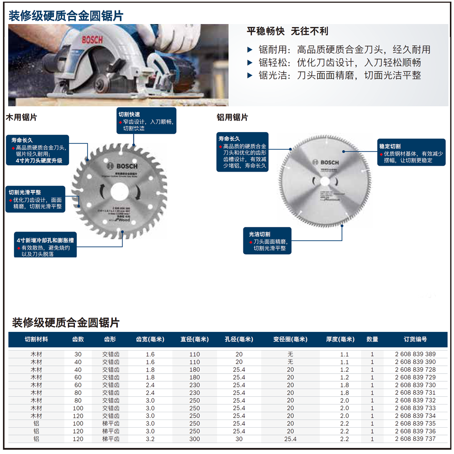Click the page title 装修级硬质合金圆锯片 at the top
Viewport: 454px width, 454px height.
[x=66, y=16]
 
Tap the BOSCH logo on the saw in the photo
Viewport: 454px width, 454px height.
[x=93, y=39]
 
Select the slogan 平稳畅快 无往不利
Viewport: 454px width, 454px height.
[x=287, y=31]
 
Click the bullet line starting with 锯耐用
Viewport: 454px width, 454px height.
[x=338, y=50]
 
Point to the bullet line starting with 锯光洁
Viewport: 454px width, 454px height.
[x=334, y=75]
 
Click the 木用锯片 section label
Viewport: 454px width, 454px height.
[x=21, y=118]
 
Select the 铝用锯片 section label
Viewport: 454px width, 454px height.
[x=232, y=118]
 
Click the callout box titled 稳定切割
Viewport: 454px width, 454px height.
[x=411, y=153]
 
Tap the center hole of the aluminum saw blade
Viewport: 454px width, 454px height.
[x=325, y=180]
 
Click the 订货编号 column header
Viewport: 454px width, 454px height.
[x=415, y=339]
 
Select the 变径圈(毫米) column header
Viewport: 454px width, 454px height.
[x=290, y=339]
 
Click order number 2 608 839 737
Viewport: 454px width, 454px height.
[x=415, y=439]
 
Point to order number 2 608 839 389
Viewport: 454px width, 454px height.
[x=415, y=354]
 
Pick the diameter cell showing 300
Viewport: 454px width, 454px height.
[x=194, y=439]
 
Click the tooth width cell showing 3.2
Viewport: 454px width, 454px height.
[x=150, y=439]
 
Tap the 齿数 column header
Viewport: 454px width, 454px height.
[x=78, y=339]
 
